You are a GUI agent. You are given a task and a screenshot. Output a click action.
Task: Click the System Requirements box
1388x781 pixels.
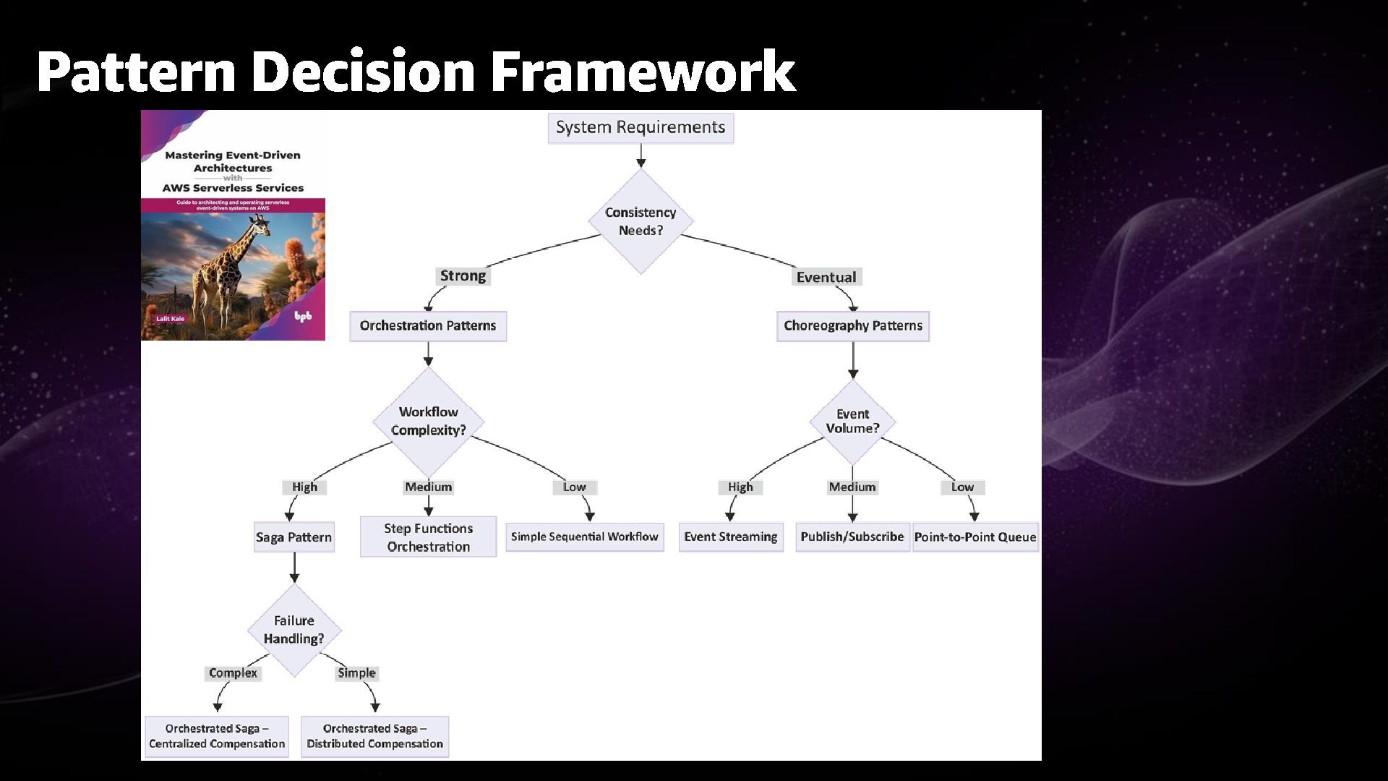click(x=641, y=128)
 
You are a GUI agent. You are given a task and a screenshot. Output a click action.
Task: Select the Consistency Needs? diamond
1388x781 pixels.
click(x=641, y=221)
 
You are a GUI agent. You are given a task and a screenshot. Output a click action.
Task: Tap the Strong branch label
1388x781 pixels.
click(x=463, y=276)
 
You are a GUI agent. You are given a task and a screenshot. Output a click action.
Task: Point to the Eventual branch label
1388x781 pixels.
click(x=826, y=277)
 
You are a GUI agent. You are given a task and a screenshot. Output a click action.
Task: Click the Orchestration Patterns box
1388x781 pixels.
click(x=428, y=326)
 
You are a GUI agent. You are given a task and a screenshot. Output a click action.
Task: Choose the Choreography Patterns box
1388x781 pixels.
click(x=853, y=326)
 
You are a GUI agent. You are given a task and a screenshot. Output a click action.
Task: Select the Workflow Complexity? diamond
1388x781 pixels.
click(x=429, y=421)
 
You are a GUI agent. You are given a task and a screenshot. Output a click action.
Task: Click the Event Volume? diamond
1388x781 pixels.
click(x=853, y=421)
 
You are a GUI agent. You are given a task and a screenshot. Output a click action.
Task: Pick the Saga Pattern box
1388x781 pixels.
click(x=294, y=537)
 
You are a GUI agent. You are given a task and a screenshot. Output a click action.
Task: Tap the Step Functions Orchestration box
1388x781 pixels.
click(x=428, y=537)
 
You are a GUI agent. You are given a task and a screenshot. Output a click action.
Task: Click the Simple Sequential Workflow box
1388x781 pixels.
click(x=584, y=537)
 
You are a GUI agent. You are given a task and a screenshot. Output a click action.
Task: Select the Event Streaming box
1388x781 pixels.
click(x=730, y=537)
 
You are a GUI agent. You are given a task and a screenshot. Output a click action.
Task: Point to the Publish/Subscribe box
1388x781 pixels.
click(x=852, y=537)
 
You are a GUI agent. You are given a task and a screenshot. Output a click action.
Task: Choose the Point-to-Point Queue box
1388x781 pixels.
click(x=975, y=537)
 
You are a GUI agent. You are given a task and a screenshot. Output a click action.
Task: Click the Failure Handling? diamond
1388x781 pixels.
click(x=294, y=630)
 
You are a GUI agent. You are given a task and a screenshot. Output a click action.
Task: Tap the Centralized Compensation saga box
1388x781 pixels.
click(x=217, y=736)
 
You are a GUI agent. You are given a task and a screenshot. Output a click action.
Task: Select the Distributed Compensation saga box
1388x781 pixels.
click(x=374, y=736)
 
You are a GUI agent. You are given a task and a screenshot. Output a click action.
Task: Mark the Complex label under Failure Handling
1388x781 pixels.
click(x=233, y=673)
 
